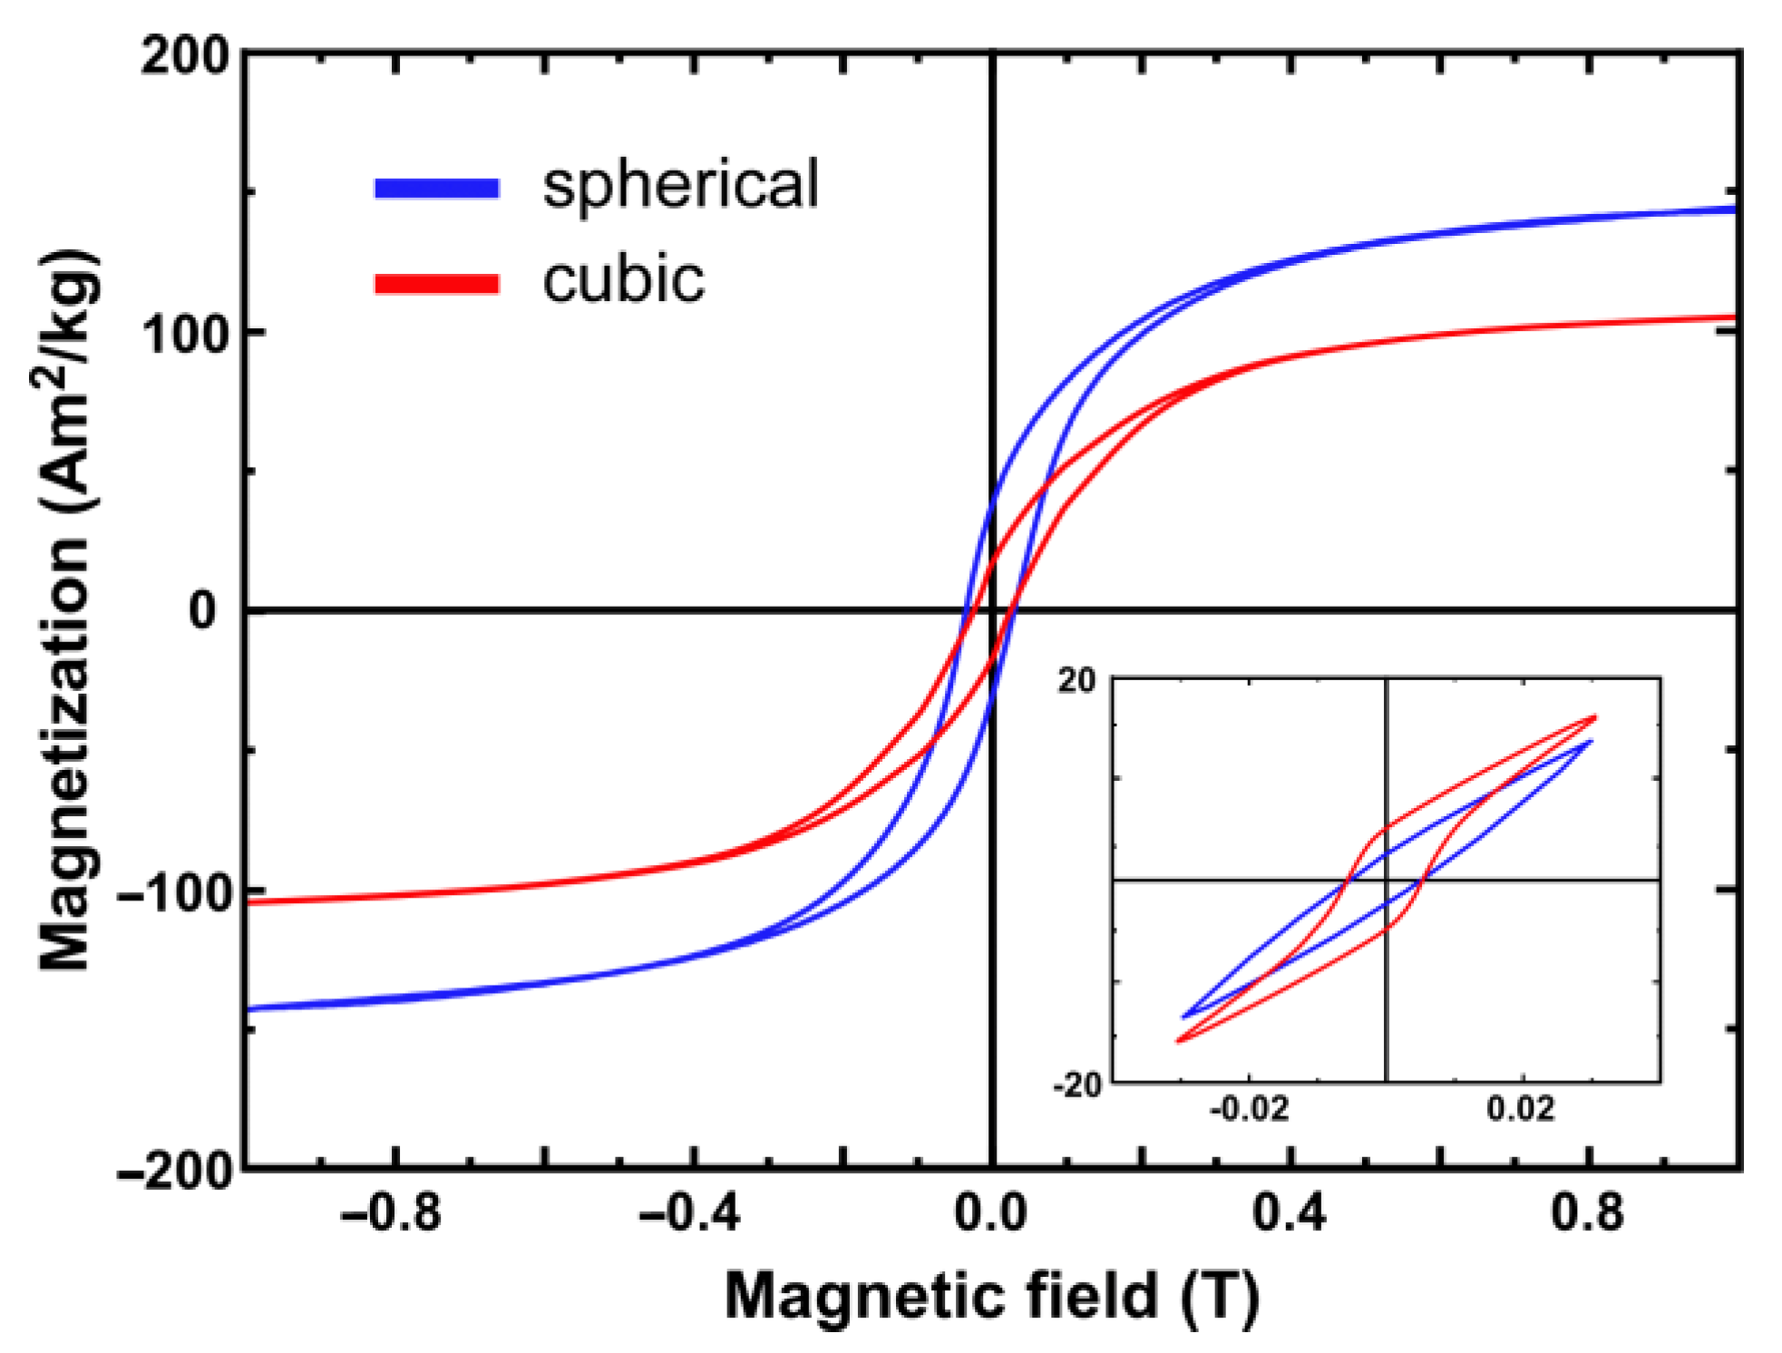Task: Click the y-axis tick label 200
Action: tap(187, 56)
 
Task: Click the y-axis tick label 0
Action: tap(203, 611)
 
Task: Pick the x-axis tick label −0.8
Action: tap(391, 1212)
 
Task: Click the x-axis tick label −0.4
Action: tap(689, 1212)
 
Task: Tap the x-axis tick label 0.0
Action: tap(991, 1212)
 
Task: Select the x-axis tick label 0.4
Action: tap(1290, 1212)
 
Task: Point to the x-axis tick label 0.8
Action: tap(1587, 1212)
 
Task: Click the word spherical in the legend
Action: tap(680, 185)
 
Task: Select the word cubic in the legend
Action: tap(623, 280)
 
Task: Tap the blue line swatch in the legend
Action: tap(437, 189)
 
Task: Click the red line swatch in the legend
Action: tap(437, 284)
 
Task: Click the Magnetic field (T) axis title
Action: tap(992, 1295)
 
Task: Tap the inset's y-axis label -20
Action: tap(1076, 1085)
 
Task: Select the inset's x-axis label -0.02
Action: tap(1249, 1108)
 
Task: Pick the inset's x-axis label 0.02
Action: tap(1521, 1108)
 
